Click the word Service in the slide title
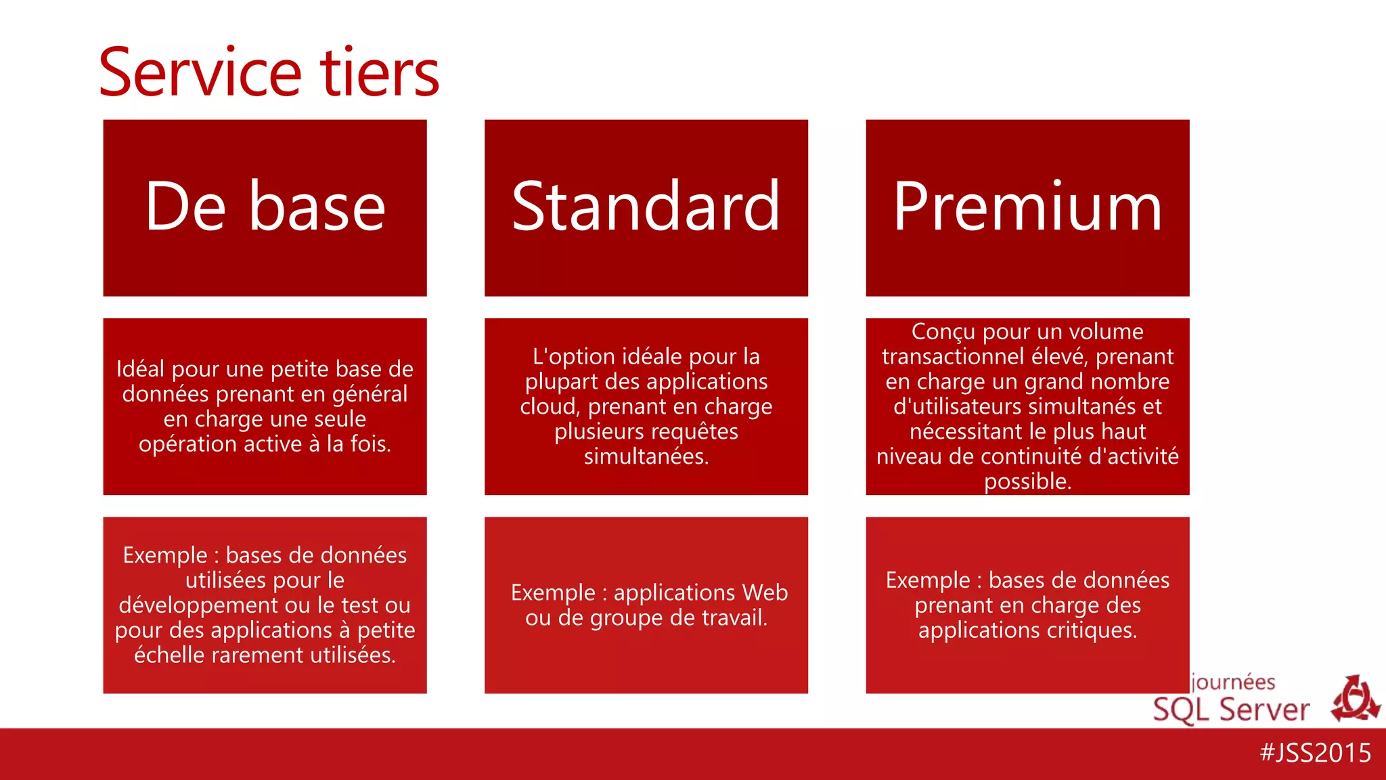coord(200,72)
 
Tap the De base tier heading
coord(265,207)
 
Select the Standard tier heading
coord(646,207)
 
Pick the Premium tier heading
coord(1027,207)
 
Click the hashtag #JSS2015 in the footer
coord(1315,753)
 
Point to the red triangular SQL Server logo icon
coord(1356,699)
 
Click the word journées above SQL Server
coord(1233,682)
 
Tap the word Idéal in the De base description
coord(140,369)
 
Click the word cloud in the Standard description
coord(550,406)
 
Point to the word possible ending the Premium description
coord(1027,481)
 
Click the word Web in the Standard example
coord(765,592)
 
